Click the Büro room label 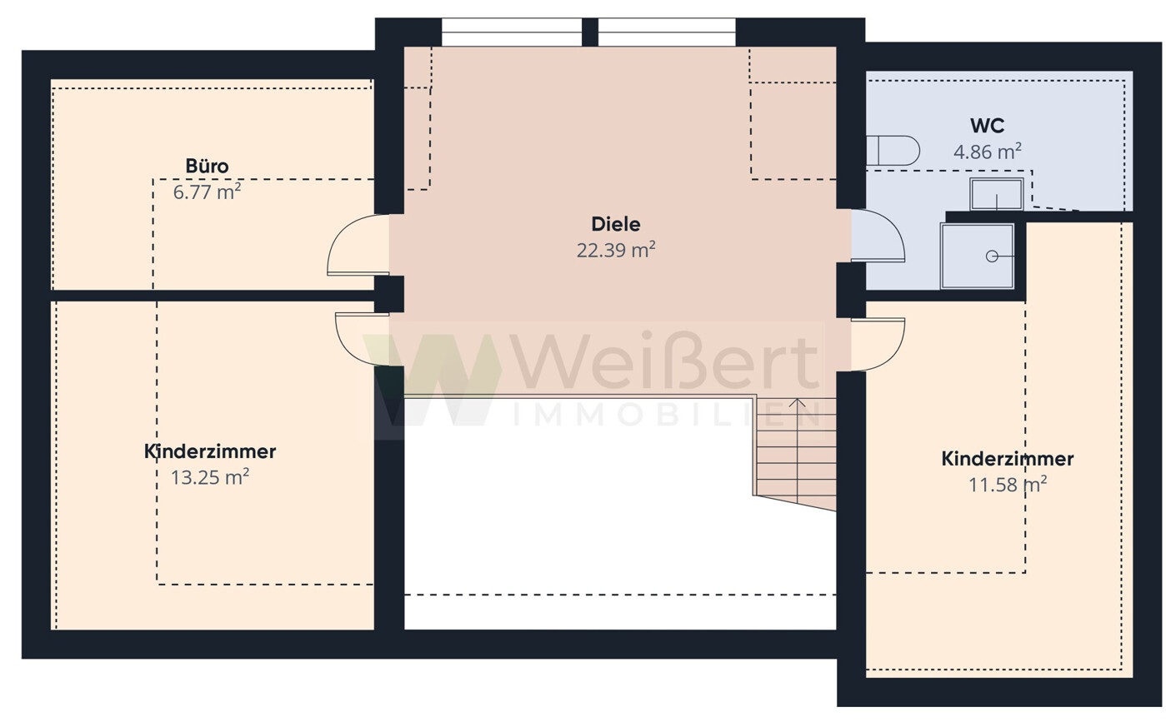[207, 167]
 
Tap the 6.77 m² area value [207, 192]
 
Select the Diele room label [616, 224]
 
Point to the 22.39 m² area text [616, 250]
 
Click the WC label [987, 126]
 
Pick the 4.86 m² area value [987, 152]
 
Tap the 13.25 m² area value [210, 477]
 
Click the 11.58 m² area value [1008, 485]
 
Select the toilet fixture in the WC [892, 151]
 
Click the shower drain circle [992, 256]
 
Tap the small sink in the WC [996, 194]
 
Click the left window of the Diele [512, 32]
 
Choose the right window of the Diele [667, 32]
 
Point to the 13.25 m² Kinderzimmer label [210, 451]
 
